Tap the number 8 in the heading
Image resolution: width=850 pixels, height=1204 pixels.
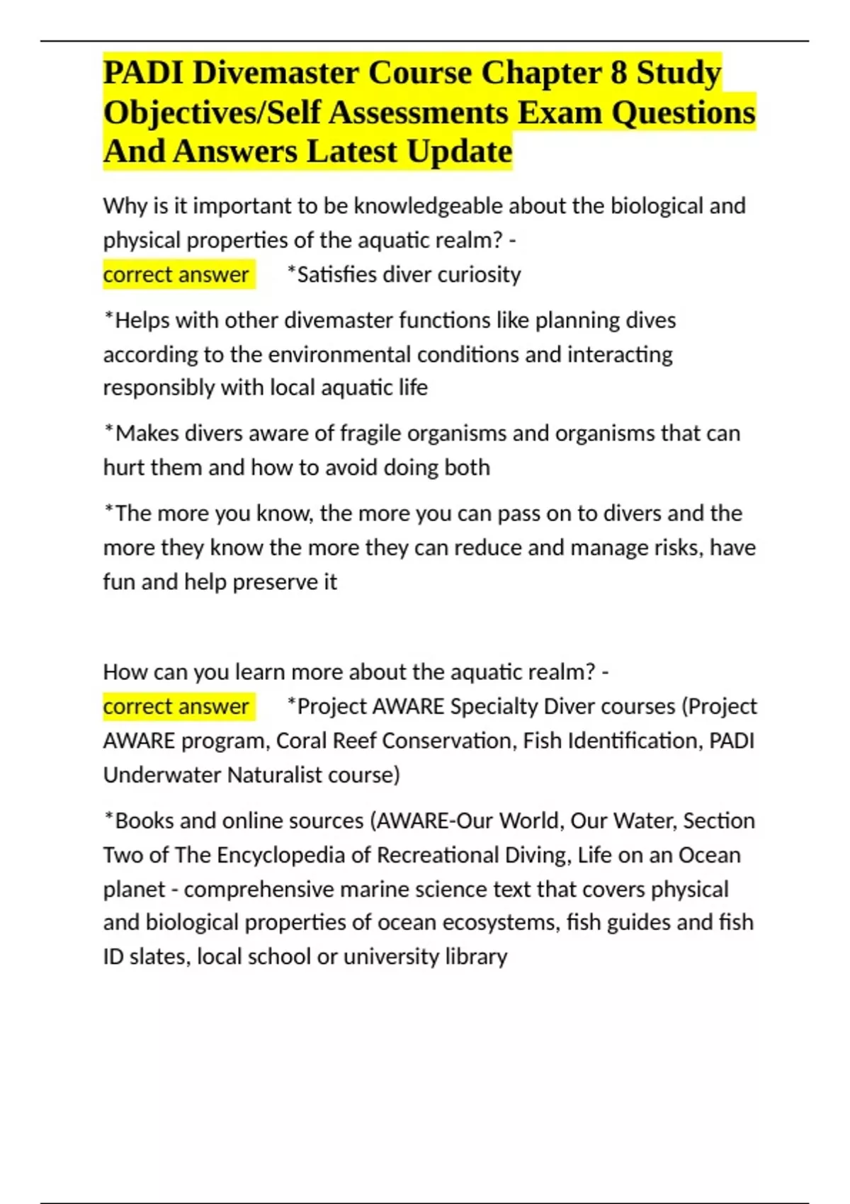(x=618, y=73)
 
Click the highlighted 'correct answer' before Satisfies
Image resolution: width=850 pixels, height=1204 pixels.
(x=176, y=275)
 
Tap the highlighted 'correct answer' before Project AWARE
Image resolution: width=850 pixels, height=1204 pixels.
(x=176, y=707)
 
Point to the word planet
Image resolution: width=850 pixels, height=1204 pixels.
(x=134, y=890)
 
